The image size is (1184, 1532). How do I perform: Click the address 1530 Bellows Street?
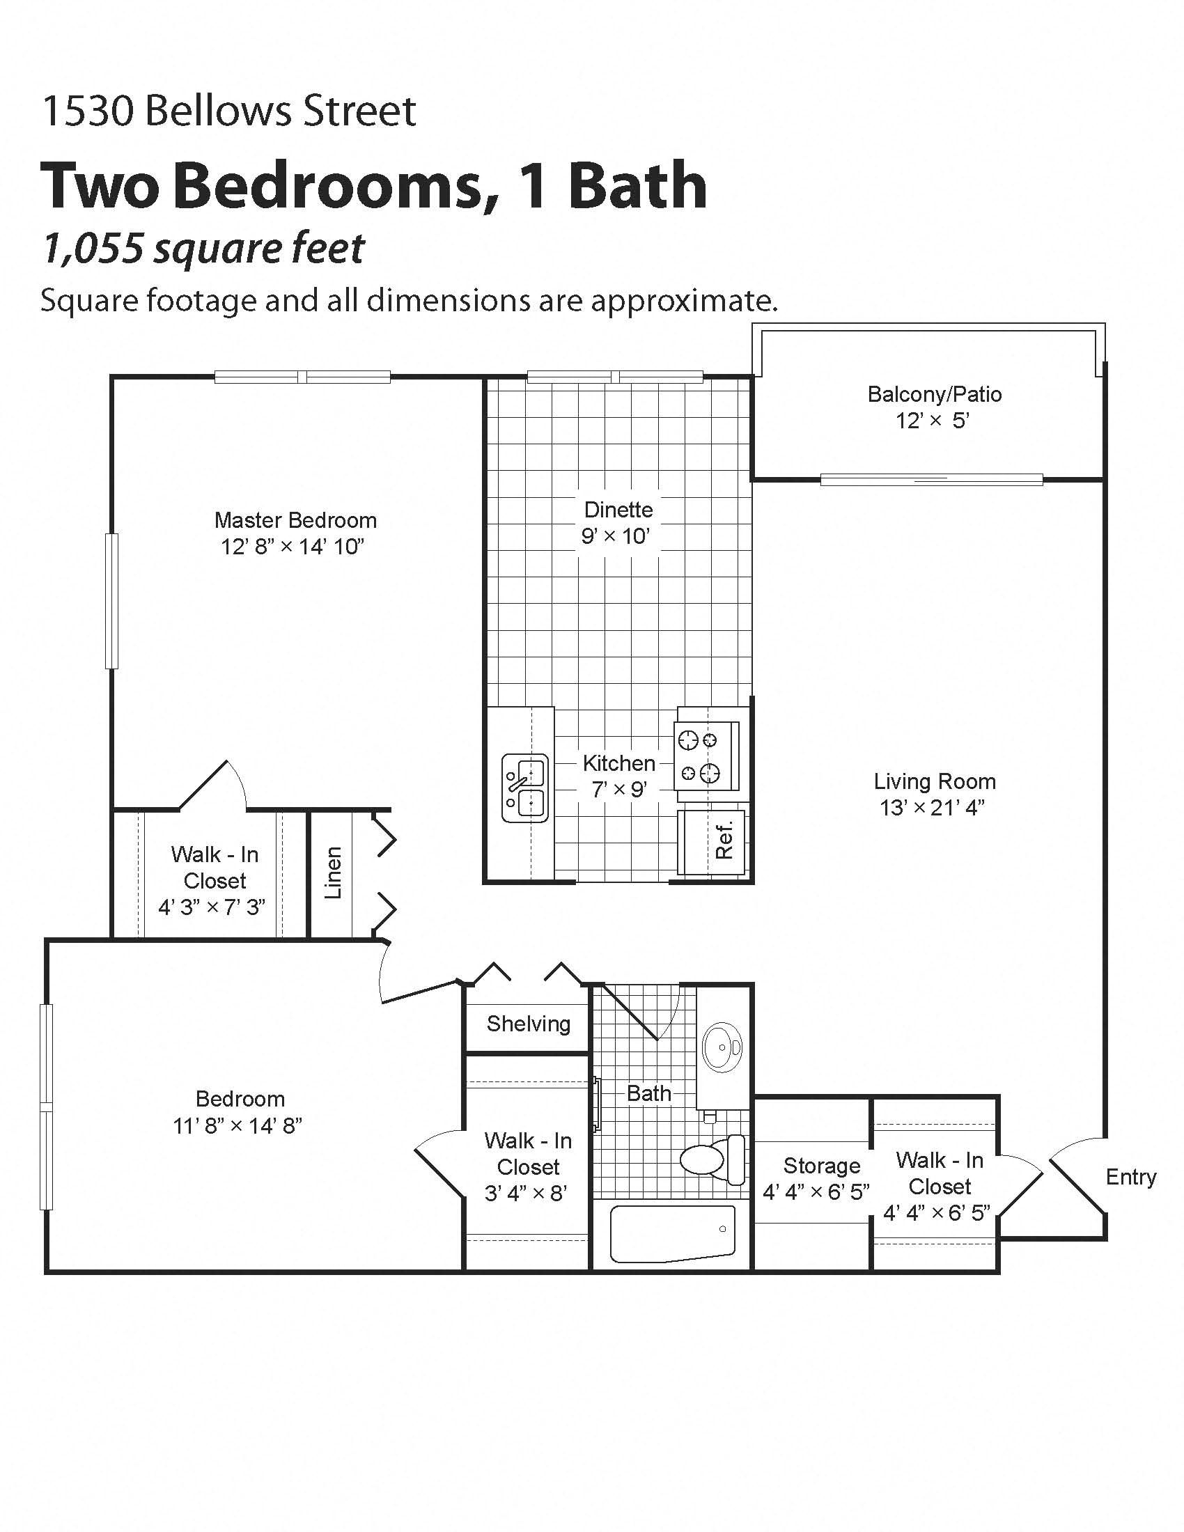229,111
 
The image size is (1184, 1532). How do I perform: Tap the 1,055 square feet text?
203,249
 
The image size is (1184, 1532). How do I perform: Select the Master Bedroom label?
295,520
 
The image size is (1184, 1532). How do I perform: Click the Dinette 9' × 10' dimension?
615,537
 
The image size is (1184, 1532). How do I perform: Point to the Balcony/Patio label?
934,394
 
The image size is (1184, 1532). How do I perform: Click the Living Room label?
934,781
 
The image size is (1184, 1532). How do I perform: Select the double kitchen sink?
524,787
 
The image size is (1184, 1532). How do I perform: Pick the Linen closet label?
333,873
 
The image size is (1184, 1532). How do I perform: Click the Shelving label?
528,1024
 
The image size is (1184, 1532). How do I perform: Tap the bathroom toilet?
712,1159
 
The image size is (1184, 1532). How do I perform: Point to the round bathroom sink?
722,1047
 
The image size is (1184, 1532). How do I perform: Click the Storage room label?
821,1166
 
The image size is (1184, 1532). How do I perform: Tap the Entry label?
1130,1177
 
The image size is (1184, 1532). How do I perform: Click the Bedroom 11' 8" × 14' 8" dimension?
237,1126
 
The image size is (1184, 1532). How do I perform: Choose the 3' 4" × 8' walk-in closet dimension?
525,1193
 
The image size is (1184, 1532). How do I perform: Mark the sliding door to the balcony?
930,480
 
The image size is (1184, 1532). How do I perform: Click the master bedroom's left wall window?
111,600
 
